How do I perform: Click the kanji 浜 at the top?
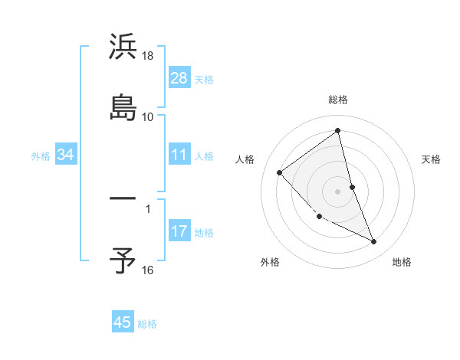(123, 47)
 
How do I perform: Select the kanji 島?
(123, 107)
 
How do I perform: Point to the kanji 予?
(123, 260)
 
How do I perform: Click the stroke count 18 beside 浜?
(148, 57)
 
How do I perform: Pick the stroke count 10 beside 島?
(148, 117)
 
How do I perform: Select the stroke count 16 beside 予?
(148, 270)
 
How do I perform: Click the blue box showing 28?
(179, 77)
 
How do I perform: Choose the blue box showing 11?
(179, 155)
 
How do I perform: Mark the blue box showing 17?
(179, 231)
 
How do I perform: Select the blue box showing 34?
(66, 155)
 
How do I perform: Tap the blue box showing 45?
(123, 322)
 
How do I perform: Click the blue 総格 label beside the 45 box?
(147, 324)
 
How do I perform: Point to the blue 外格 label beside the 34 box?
(41, 156)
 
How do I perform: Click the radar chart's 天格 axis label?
(431, 159)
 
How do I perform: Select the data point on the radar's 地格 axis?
(374, 242)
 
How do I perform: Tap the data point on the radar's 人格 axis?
(280, 172)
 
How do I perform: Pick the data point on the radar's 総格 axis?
(338, 131)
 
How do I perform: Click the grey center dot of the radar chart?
(338, 191)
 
